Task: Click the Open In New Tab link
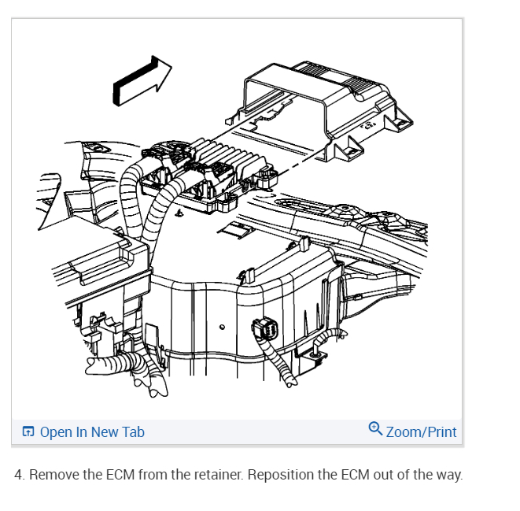tap(92, 431)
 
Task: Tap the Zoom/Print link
tap(421, 431)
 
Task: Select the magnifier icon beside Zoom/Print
tap(375, 429)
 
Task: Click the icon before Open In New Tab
tap(28, 431)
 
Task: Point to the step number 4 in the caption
tap(18, 475)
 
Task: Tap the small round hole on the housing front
tap(223, 326)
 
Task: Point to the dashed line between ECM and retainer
tap(291, 167)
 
